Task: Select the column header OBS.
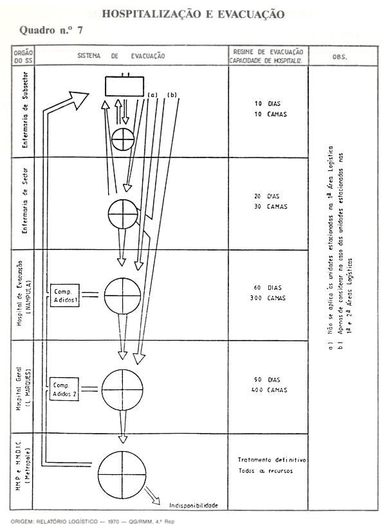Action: pos(340,57)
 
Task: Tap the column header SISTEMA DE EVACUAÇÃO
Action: pos(122,56)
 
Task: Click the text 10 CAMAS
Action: pos(269,114)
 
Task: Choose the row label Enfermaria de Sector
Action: pos(24,204)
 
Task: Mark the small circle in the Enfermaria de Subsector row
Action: pos(122,139)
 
